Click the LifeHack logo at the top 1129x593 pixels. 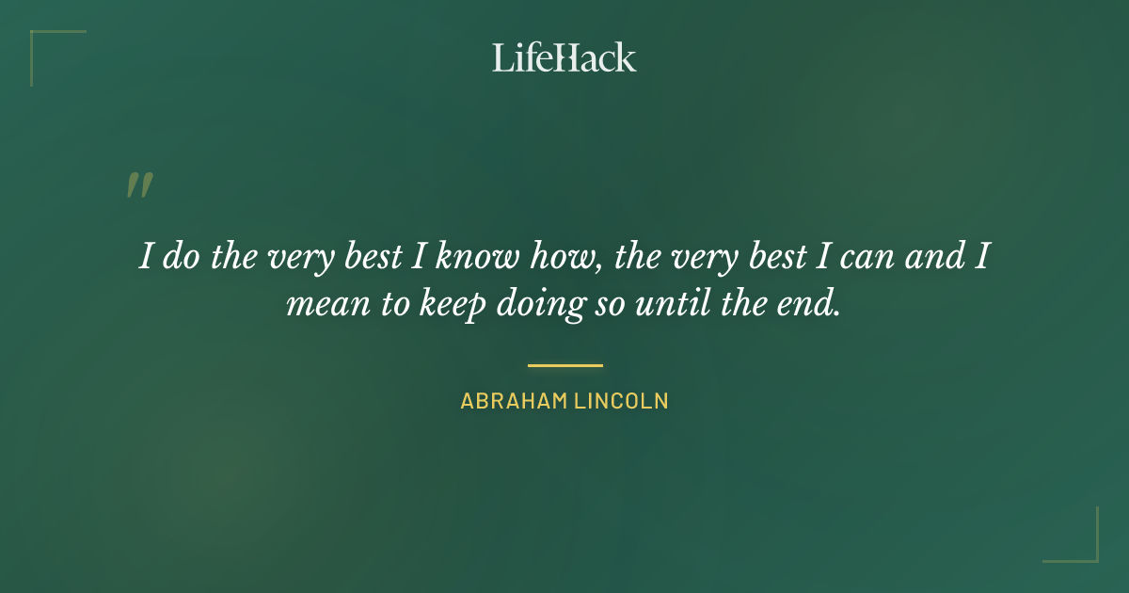(564, 57)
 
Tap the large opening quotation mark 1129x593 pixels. (139, 185)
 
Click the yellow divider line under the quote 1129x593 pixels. (564, 365)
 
